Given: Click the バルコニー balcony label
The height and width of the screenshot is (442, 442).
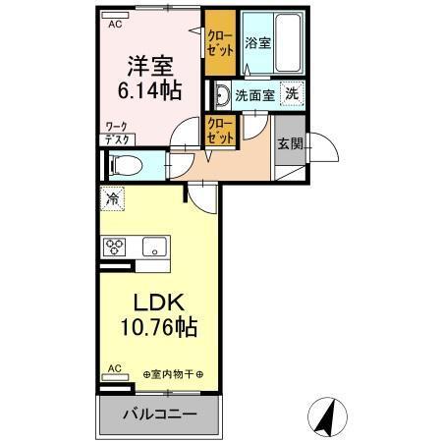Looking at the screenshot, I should (x=158, y=414).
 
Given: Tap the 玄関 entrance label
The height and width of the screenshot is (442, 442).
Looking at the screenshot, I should (x=290, y=143).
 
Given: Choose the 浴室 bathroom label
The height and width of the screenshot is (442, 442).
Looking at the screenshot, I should (x=257, y=43).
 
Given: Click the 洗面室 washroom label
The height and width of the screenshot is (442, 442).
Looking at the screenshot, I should (x=254, y=95).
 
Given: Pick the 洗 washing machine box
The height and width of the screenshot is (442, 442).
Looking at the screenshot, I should (x=292, y=94).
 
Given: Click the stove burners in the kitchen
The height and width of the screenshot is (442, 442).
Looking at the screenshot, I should (x=113, y=246).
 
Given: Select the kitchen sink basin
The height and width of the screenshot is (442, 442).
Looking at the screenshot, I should (x=153, y=246).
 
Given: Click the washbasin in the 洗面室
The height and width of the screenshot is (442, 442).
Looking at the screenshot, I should (x=223, y=95).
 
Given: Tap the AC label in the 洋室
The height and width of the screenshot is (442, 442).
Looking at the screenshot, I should (x=115, y=24).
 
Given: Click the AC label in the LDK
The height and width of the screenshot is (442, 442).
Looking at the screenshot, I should (x=113, y=369).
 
